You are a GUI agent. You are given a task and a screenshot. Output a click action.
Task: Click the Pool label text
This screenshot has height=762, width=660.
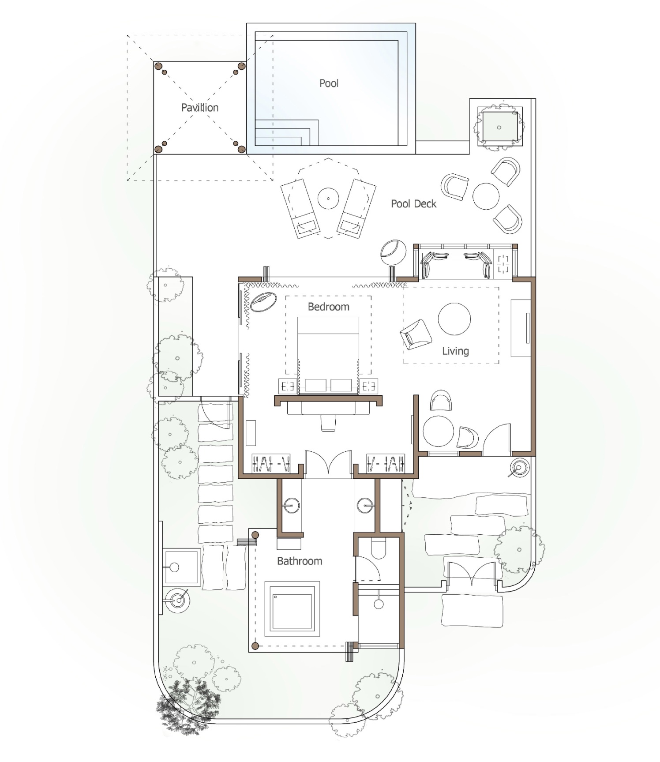[x=329, y=83]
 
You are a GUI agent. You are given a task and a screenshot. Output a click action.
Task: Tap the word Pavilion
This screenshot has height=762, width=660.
[x=200, y=108]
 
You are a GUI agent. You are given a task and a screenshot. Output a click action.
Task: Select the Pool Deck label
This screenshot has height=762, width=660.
[x=413, y=204]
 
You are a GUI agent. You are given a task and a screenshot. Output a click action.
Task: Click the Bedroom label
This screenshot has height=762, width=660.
[x=328, y=307]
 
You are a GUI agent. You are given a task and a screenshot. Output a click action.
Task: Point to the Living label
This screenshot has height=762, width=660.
[x=455, y=351]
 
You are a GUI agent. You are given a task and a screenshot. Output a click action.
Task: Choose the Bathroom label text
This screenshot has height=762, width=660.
[x=300, y=561]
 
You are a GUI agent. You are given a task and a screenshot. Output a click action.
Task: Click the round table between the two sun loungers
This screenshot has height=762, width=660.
[x=328, y=199]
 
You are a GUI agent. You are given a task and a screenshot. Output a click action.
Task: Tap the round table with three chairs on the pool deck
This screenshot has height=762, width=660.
[x=486, y=196]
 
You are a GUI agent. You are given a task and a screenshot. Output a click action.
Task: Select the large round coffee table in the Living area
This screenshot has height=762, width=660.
[x=454, y=319]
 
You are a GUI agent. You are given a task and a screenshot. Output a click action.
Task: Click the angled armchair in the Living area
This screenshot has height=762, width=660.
[x=416, y=334]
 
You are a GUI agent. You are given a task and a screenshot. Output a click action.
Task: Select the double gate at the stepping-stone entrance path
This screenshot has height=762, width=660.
[x=472, y=574]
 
